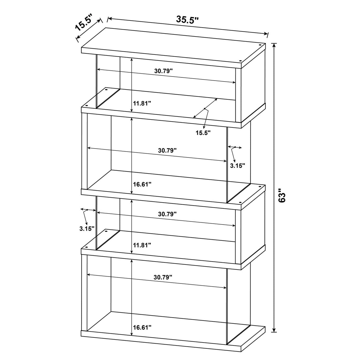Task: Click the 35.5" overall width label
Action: [x=187, y=20]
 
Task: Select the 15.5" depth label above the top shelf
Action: [x=84, y=24]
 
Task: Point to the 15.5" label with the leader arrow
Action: [x=203, y=133]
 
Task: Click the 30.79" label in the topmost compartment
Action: [x=163, y=71]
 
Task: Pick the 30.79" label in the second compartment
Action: [x=167, y=150]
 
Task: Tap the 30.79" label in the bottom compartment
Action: [x=163, y=277]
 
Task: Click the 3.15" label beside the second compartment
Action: [x=238, y=166]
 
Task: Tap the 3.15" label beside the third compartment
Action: [x=87, y=228]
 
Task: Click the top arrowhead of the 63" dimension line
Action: [x=274, y=45]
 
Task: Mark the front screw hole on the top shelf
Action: [x=241, y=63]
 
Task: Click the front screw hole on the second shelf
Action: [x=87, y=106]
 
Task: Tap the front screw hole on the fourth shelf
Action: [x=87, y=247]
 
